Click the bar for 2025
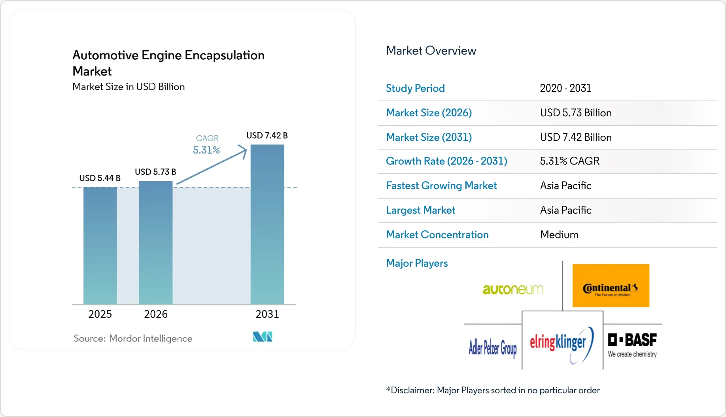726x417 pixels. [x=100, y=245]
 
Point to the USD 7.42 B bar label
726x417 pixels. [x=267, y=135]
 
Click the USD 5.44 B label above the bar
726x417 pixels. [x=100, y=178]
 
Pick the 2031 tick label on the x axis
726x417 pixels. [x=267, y=314]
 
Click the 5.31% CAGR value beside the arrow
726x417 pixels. [x=206, y=150]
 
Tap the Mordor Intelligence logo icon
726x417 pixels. [x=263, y=337]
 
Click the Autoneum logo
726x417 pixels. [x=513, y=290]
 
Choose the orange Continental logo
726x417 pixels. [x=611, y=286]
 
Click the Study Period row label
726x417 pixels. [x=415, y=88]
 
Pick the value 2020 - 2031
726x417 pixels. [x=565, y=88]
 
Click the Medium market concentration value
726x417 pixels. [x=559, y=235]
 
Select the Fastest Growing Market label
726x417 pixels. [x=441, y=186]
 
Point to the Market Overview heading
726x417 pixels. [x=431, y=51]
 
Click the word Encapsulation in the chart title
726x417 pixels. [x=224, y=55]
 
